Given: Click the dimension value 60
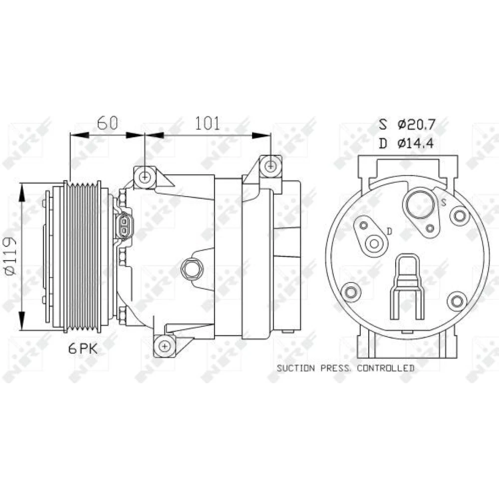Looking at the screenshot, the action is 107,123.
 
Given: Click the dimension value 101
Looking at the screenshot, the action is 207,123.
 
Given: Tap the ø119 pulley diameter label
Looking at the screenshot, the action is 11,255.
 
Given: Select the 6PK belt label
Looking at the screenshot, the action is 83,349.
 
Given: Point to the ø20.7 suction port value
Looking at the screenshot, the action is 416,124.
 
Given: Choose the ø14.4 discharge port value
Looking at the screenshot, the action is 415,144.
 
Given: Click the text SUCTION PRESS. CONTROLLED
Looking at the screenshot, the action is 346,368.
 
